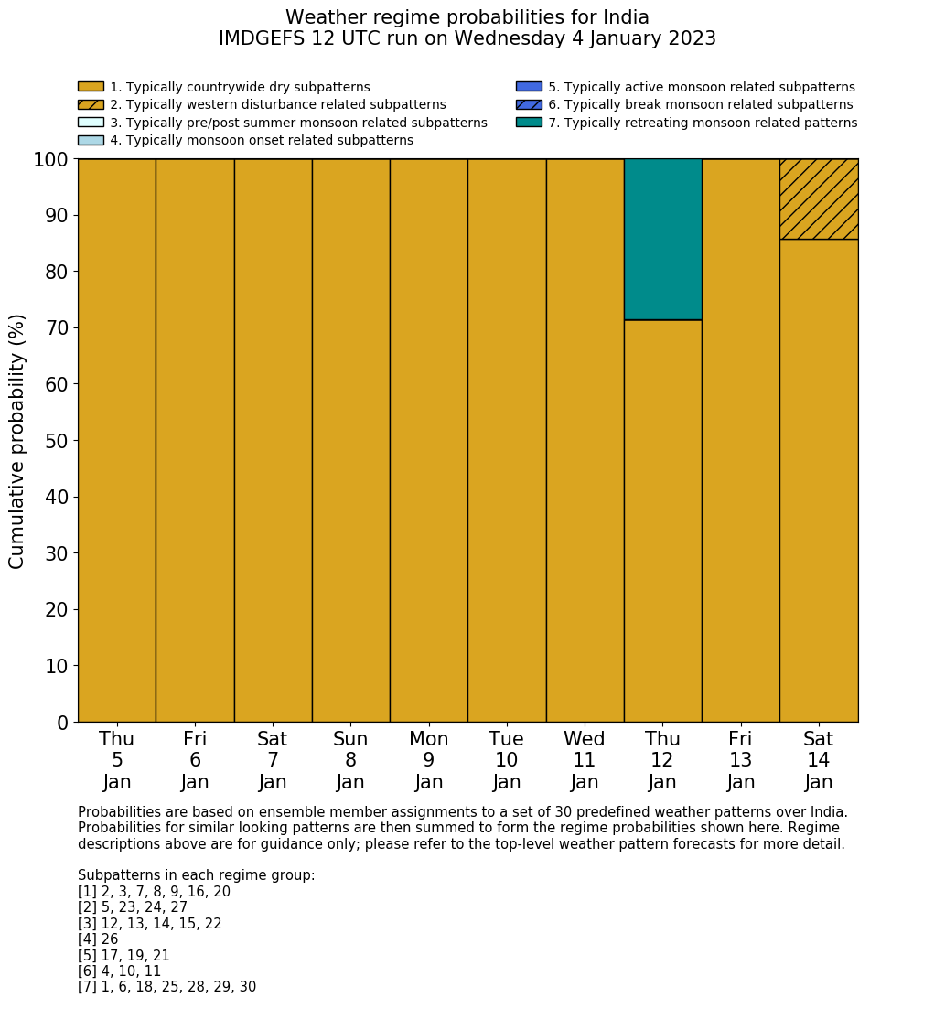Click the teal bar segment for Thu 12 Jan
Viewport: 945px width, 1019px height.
[662, 240]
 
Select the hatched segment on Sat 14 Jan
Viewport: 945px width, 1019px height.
[819, 199]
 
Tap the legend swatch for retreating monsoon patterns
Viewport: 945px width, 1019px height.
[529, 123]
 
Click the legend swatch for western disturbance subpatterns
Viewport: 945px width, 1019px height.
[91, 105]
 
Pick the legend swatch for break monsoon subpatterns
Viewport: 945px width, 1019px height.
[529, 105]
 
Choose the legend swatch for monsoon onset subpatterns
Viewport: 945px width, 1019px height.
[91, 140]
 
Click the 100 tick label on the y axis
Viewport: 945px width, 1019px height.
[51, 160]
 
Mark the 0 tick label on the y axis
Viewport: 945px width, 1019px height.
[62, 724]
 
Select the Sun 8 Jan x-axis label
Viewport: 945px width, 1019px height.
[350, 760]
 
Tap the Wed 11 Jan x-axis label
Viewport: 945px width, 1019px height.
[585, 760]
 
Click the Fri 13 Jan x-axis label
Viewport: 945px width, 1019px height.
[741, 760]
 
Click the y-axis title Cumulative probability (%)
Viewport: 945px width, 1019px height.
[17, 441]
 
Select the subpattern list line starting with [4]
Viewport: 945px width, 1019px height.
[98, 939]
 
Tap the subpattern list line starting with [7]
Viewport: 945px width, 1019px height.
[166, 987]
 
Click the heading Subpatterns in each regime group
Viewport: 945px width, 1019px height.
[196, 875]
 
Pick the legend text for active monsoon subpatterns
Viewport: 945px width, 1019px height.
[701, 88]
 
